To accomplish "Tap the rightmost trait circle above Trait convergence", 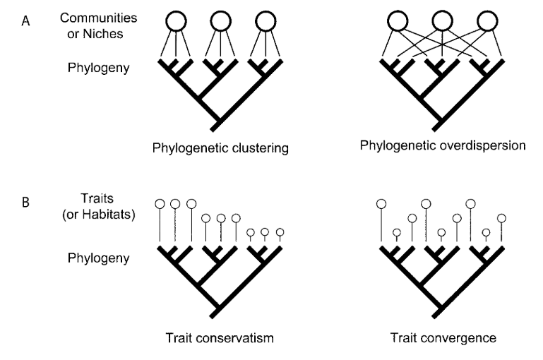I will [x=501, y=217].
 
